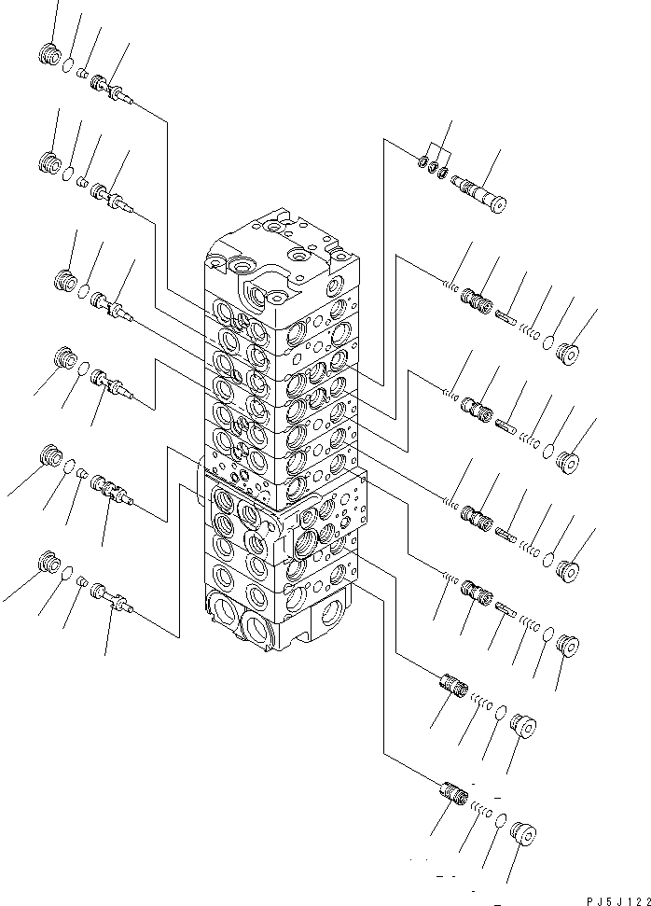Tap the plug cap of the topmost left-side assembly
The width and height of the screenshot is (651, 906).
pyautogui.click(x=48, y=57)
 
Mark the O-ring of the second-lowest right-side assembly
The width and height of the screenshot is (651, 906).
pyautogui.click(x=500, y=715)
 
